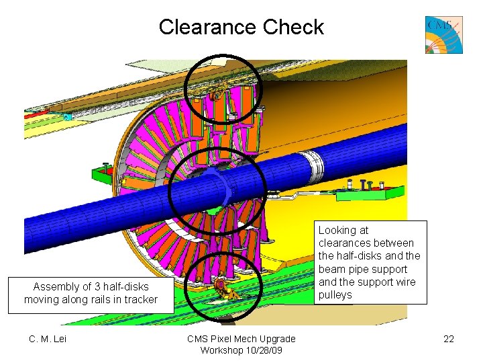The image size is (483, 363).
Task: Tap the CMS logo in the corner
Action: tap(443, 35)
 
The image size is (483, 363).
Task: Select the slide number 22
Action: tap(449, 338)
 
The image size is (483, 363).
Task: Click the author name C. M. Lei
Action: tap(48, 338)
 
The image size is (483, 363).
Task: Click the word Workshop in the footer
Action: tap(221, 350)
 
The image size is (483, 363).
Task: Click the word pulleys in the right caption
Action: tap(335, 294)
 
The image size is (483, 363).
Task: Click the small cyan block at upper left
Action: tap(67, 117)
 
